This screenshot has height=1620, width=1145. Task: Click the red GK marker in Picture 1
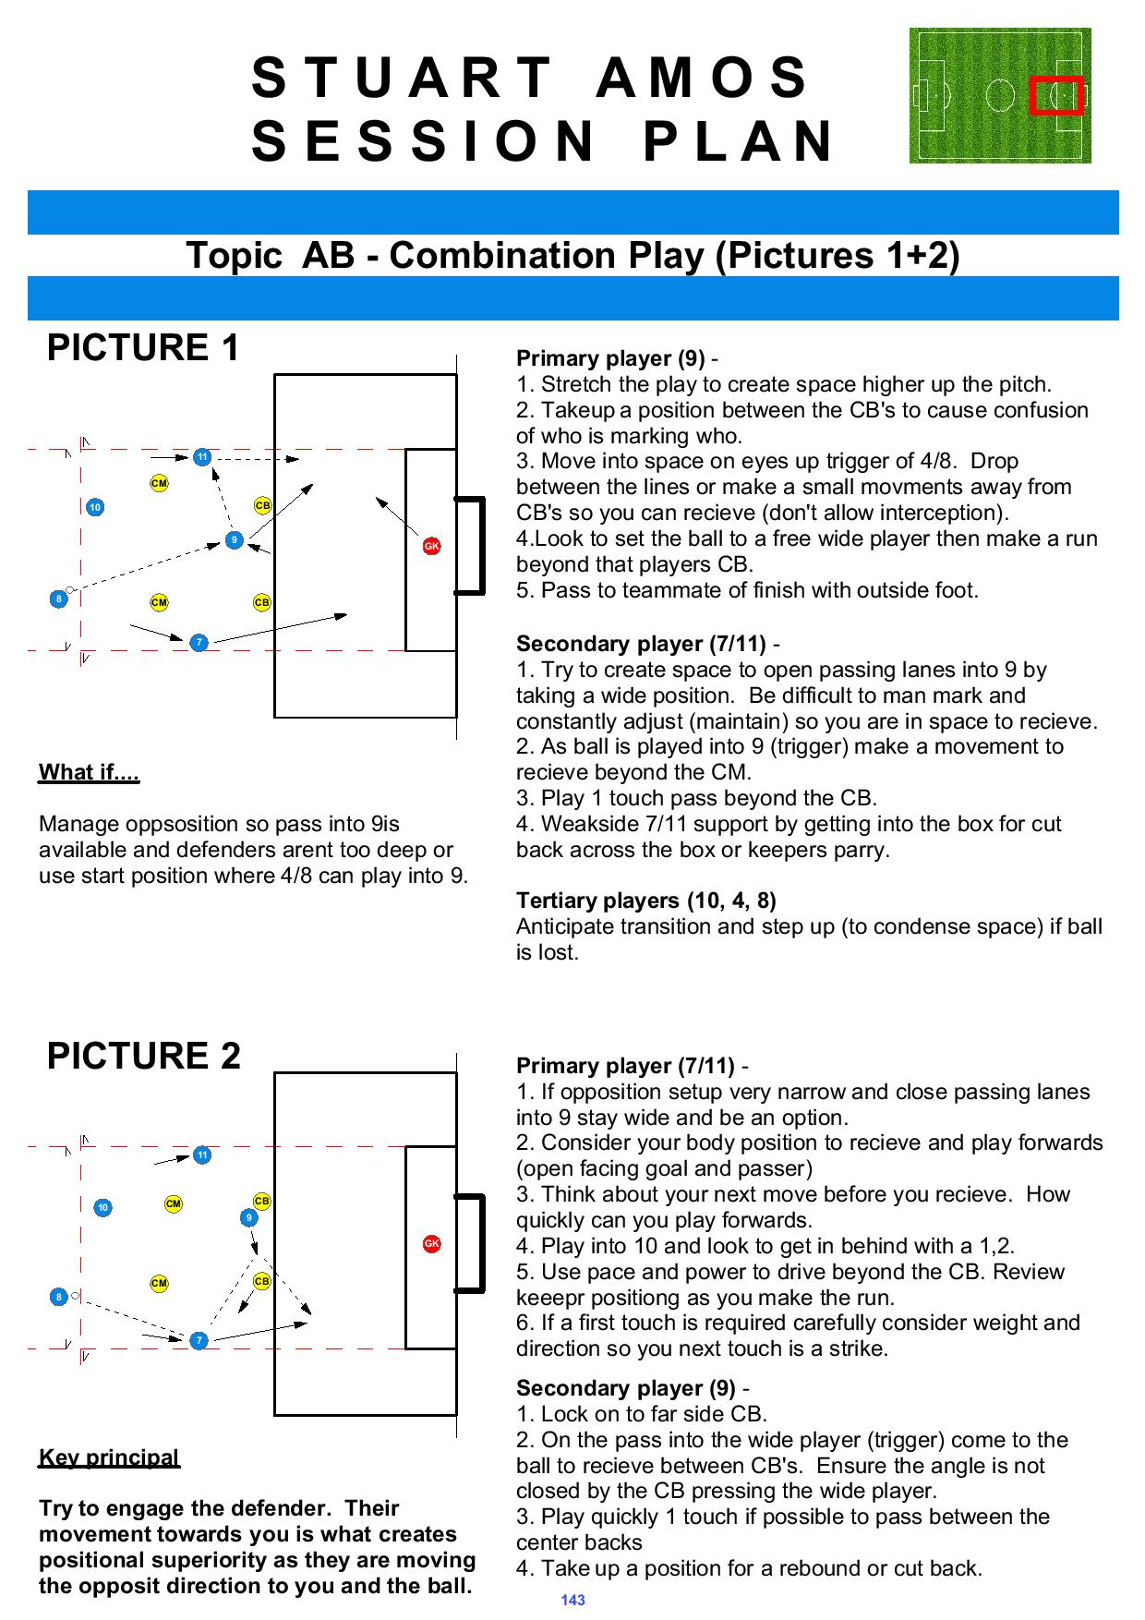[431, 546]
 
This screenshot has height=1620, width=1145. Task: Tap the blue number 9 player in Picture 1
[235, 539]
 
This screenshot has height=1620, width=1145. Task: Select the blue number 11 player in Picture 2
[201, 1155]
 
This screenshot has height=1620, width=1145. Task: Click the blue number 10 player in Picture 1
[95, 507]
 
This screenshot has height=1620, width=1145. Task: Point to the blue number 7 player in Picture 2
[198, 1340]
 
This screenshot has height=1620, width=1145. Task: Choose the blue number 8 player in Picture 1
[59, 598]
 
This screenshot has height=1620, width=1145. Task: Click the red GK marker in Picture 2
[431, 1243]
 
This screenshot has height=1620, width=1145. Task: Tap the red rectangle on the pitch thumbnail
[1056, 95]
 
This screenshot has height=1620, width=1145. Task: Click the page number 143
[572, 1600]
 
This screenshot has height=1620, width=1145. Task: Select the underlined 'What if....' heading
[89, 772]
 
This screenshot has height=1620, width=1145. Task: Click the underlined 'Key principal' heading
[109, 1457]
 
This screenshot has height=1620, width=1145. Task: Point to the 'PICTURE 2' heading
[143, 1056]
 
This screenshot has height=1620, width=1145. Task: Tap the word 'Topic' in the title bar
[234, 256]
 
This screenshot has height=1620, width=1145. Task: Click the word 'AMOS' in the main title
[702, 78]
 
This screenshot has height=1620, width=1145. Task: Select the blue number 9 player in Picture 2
[248, 1218]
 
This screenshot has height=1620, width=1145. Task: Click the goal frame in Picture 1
[471, 545]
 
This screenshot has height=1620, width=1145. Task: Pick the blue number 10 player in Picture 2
[103, 1207]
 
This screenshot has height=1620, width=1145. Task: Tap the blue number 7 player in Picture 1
[198, 642]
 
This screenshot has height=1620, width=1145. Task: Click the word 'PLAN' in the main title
[739, 141]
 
